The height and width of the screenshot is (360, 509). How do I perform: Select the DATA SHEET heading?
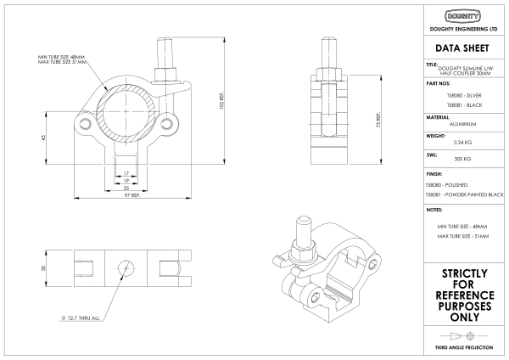(x=464, y=48)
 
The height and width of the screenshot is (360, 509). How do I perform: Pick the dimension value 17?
(x=126, y=173)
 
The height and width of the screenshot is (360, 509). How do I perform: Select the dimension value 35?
(x=126, y=187)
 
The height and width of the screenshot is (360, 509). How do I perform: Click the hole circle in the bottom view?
(x=126, y=268)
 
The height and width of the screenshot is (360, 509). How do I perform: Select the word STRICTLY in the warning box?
(x=464, y=273)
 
